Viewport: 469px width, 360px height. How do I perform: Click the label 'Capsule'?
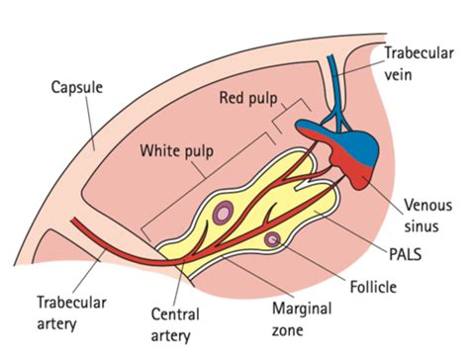[x=76, y=86]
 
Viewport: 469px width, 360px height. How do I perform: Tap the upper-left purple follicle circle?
[x=225, y=212]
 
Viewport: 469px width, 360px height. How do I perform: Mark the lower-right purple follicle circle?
[x=272, y=239]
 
